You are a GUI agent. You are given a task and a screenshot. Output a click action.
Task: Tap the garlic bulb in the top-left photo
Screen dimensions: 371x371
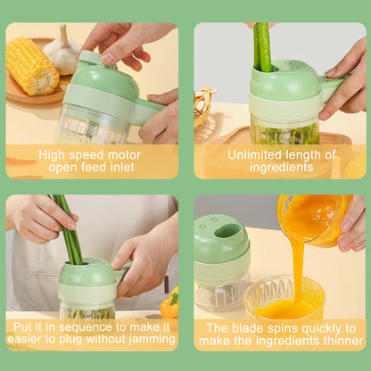pos(62,52)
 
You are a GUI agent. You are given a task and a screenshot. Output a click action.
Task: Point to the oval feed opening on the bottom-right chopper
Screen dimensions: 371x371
pos(228,231)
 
